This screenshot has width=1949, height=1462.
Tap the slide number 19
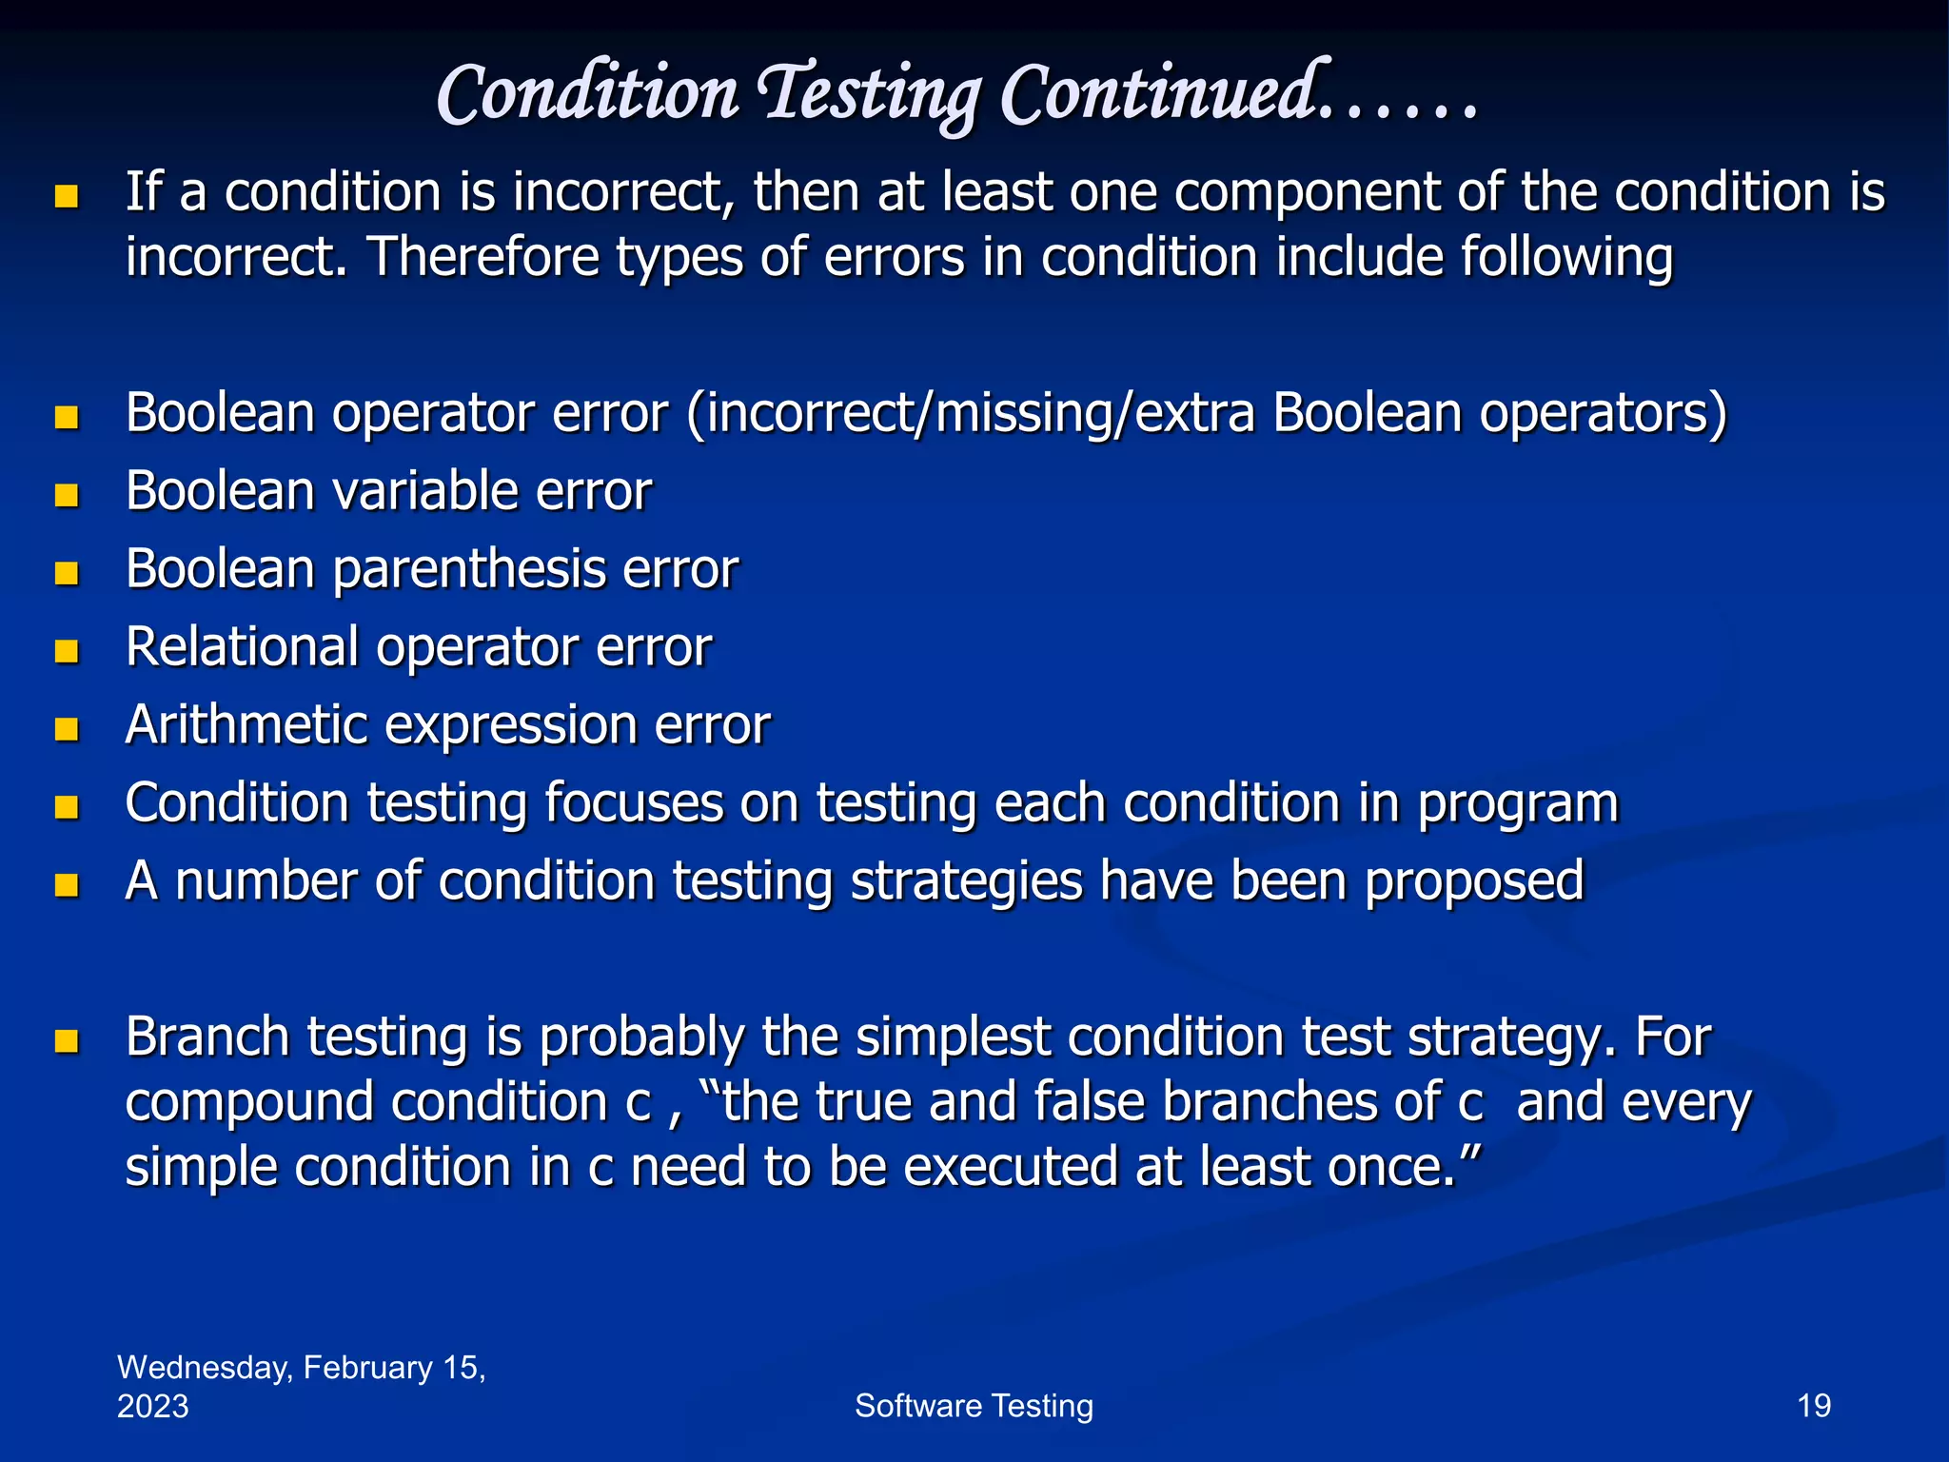pos(1813,1406)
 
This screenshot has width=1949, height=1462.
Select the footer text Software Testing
pos(974,1406)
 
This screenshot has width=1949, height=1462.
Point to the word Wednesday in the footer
pos(204,1368)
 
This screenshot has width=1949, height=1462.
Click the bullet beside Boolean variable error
pos(67,495)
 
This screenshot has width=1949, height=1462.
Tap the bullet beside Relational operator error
pos(67,651)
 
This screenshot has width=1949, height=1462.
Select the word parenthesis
pos(468,570)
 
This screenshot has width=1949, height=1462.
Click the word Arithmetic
pos(246,725)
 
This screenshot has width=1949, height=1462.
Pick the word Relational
pos(242,647)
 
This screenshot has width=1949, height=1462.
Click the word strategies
pos(966,881)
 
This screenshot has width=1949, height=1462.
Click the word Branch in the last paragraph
pos(207,1037)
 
